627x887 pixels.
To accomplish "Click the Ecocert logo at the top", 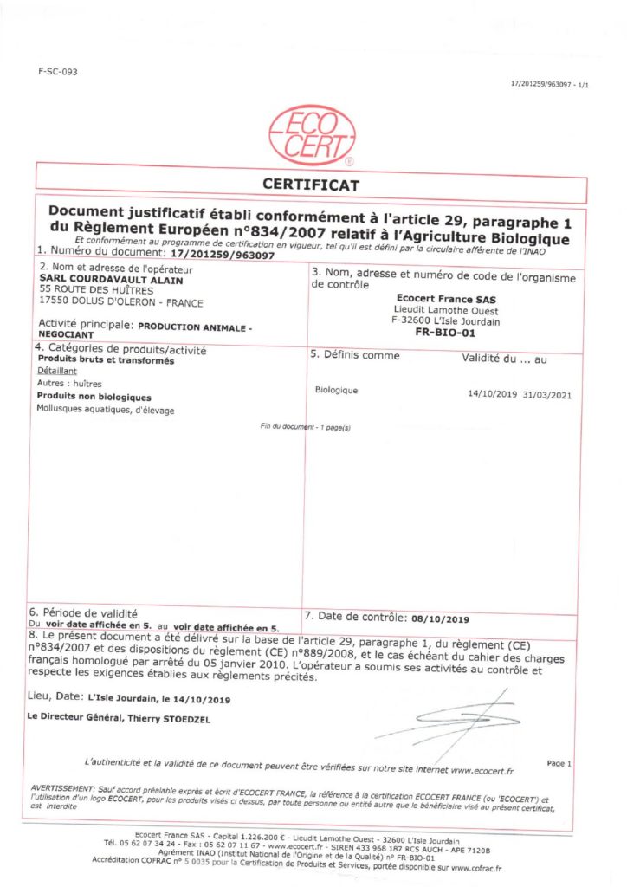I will (312, 135).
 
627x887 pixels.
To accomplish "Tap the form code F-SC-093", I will (58, 72).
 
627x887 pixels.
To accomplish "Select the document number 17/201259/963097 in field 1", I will (223, 256).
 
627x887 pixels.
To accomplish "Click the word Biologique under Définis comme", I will (337, 390).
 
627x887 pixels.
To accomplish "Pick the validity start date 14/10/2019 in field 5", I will (491, 393).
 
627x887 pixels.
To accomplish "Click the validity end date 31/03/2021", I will (546, 393).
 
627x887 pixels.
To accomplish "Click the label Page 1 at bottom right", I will (559, 763).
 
